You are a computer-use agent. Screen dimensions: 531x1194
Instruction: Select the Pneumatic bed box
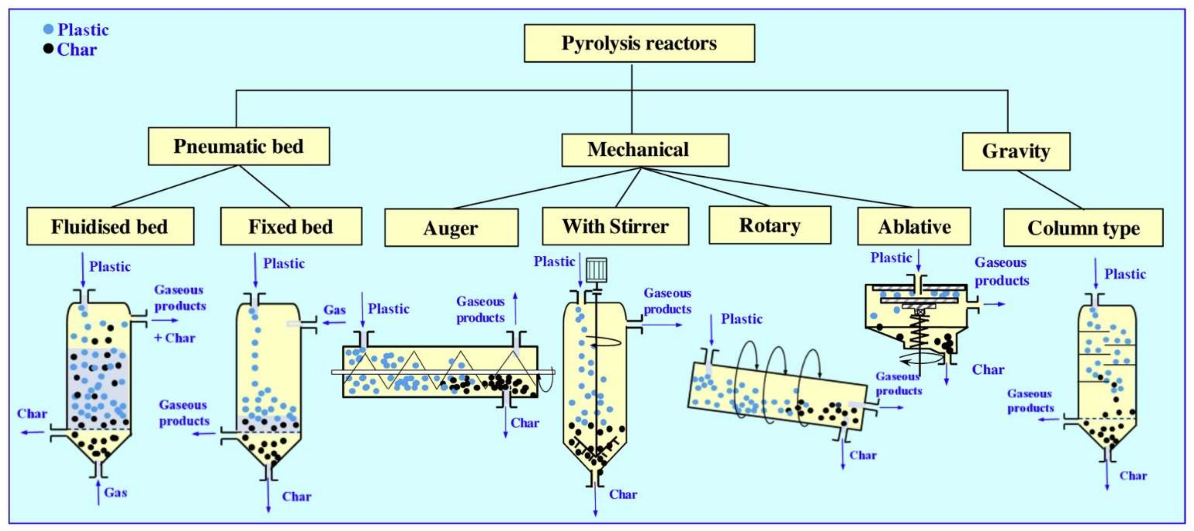click(x=239, y=146)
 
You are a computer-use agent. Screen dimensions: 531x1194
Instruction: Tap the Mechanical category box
click(x=645, y=150)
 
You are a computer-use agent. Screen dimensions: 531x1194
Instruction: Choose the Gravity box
click(x=1016, y=151)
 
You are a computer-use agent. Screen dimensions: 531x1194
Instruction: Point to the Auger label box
click(x=451, y=228)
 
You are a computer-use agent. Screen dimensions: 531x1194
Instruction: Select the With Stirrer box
click(x=615, y=226)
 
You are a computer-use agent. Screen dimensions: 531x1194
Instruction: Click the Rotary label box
click(x=770, y=226)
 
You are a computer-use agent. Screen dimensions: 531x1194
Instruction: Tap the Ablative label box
click(x=914, y=226)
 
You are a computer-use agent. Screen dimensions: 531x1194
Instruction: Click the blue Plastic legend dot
click(x=48, y=29)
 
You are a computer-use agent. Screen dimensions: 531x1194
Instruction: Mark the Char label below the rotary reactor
click(x=863, y=455)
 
